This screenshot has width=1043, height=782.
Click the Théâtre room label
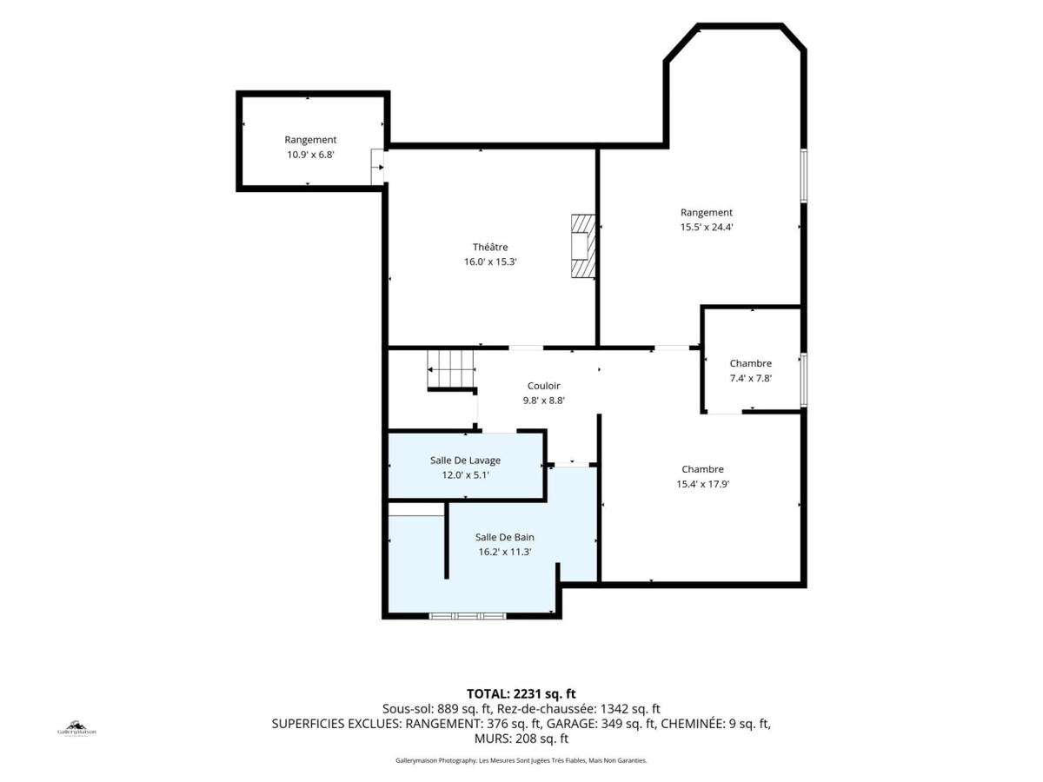coord(490,247)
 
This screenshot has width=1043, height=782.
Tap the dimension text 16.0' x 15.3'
coord(490,262)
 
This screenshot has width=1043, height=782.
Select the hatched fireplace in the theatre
coord(583,246)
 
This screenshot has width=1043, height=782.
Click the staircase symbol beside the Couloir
coord(450,369)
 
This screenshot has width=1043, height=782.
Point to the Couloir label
coord(543,386)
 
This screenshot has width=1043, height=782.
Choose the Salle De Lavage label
coord(465,461)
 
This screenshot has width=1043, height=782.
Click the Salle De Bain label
coord(505,537)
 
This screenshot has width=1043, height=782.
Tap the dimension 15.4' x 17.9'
coord(703,484)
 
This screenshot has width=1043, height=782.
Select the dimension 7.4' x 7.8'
coord(751,379)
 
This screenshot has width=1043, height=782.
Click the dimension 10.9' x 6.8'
coord(310,155)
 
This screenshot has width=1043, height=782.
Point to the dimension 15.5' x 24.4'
coord(707,227)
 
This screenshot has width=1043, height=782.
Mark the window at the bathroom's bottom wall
coord(468,616)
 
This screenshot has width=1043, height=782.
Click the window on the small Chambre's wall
coord(803,380)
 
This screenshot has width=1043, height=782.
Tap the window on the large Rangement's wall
coord(803,176)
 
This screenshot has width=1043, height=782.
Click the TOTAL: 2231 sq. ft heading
coord(521,693)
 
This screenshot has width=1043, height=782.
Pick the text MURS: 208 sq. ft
coord(521,739)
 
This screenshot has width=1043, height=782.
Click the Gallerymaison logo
coord(76,729)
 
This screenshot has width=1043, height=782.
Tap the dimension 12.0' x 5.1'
coord(465,474)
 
